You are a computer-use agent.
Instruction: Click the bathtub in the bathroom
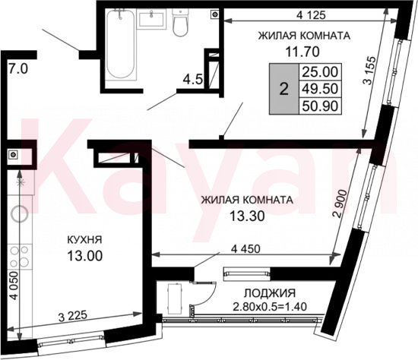click(120, 45)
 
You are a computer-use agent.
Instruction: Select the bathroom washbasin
click(152, 18)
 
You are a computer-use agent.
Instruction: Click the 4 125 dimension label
click(311, 15)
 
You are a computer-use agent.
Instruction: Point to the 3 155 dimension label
click(370, 71)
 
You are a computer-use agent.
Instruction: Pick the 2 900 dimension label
click(341, 204)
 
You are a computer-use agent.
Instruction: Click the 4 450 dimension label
click(245, 249)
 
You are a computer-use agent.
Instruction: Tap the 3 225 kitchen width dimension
click(73, 317)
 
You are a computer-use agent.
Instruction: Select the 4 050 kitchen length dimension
click(14, 286)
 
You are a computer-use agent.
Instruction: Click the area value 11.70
click(302, 52)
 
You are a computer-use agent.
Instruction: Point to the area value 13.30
click(247, 216)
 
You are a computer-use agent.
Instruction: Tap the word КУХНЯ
click(84, 240)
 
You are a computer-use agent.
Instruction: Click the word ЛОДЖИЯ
click(270, 293)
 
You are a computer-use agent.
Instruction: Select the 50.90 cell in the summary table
click(320, 106)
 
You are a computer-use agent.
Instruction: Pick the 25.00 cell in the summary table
click(320, 71)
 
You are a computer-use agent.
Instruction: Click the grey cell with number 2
click(284, 89)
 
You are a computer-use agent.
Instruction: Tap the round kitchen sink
click(20, 213)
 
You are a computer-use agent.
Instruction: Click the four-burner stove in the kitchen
click(20, 257)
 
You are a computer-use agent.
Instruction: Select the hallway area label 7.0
click(17, 70)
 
